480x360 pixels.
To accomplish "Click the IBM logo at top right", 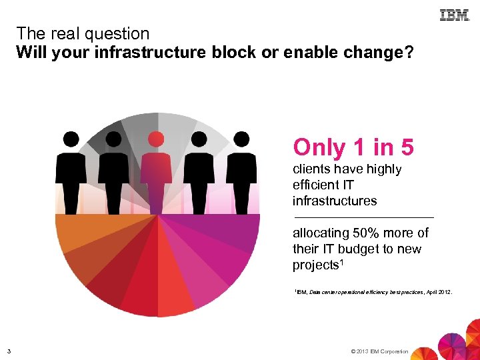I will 454,15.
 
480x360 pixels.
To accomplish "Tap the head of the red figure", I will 156,139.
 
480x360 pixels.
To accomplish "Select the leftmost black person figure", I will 71,173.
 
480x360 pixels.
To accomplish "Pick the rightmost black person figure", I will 241,173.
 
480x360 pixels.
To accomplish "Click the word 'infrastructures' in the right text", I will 334,201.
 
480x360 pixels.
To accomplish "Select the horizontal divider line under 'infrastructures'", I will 363,217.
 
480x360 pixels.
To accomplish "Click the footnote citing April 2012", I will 373,291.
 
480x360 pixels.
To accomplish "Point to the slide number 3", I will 9,351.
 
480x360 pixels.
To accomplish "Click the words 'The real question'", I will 83,33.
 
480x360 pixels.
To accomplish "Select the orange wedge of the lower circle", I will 77,233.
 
